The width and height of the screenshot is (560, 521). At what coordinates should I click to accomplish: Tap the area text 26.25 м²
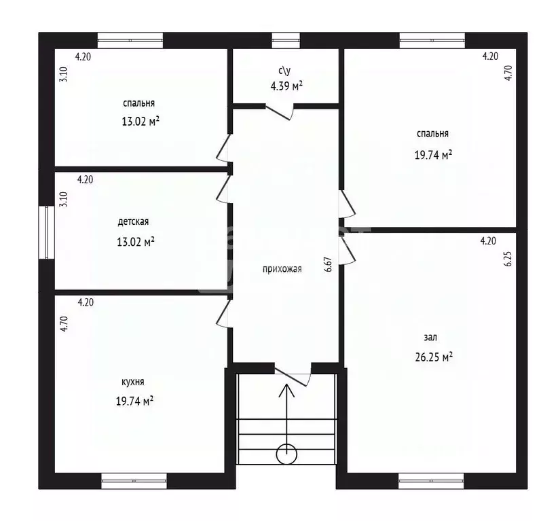(x=434, y=356)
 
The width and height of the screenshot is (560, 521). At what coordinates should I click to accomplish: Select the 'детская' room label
(x=133, y=221)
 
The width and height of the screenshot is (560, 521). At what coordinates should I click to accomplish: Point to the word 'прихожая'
(x=282, y=268)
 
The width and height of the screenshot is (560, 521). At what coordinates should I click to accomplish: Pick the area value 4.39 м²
(x=286, y=86)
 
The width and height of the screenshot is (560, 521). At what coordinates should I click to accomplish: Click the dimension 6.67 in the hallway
(x=328, y=264)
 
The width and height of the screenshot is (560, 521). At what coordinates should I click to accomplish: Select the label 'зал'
(x=431, y=337)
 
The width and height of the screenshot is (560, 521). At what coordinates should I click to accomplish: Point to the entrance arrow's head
(x=286, y=390)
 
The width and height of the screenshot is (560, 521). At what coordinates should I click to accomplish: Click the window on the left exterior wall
(x=47, y=232)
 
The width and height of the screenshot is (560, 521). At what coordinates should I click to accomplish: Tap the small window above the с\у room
(x=286, y=40)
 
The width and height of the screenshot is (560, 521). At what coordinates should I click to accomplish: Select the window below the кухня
(x=134, y=481)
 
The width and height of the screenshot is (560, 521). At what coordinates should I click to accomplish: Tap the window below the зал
(x=430, y=481)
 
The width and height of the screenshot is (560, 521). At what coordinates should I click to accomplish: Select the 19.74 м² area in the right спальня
(x=434, y=154)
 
